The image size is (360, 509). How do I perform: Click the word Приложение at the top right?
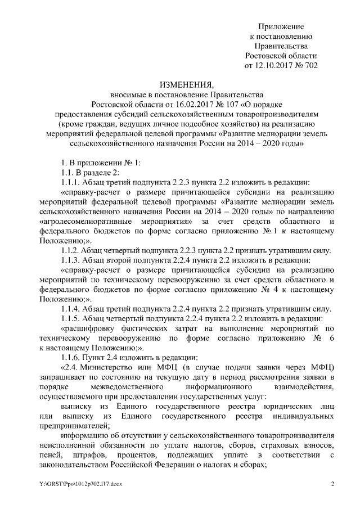[281, 26]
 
